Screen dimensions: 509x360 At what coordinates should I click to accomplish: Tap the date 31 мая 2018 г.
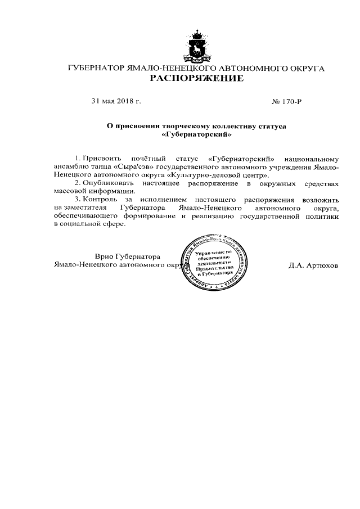click(x=115, y=101)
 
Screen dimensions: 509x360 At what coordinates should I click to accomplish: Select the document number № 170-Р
click(x=287, y=101)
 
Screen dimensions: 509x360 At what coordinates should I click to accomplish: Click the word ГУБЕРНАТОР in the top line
click(x=94, y=68)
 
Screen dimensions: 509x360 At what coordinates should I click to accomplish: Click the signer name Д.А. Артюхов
click(x=313, y=264)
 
